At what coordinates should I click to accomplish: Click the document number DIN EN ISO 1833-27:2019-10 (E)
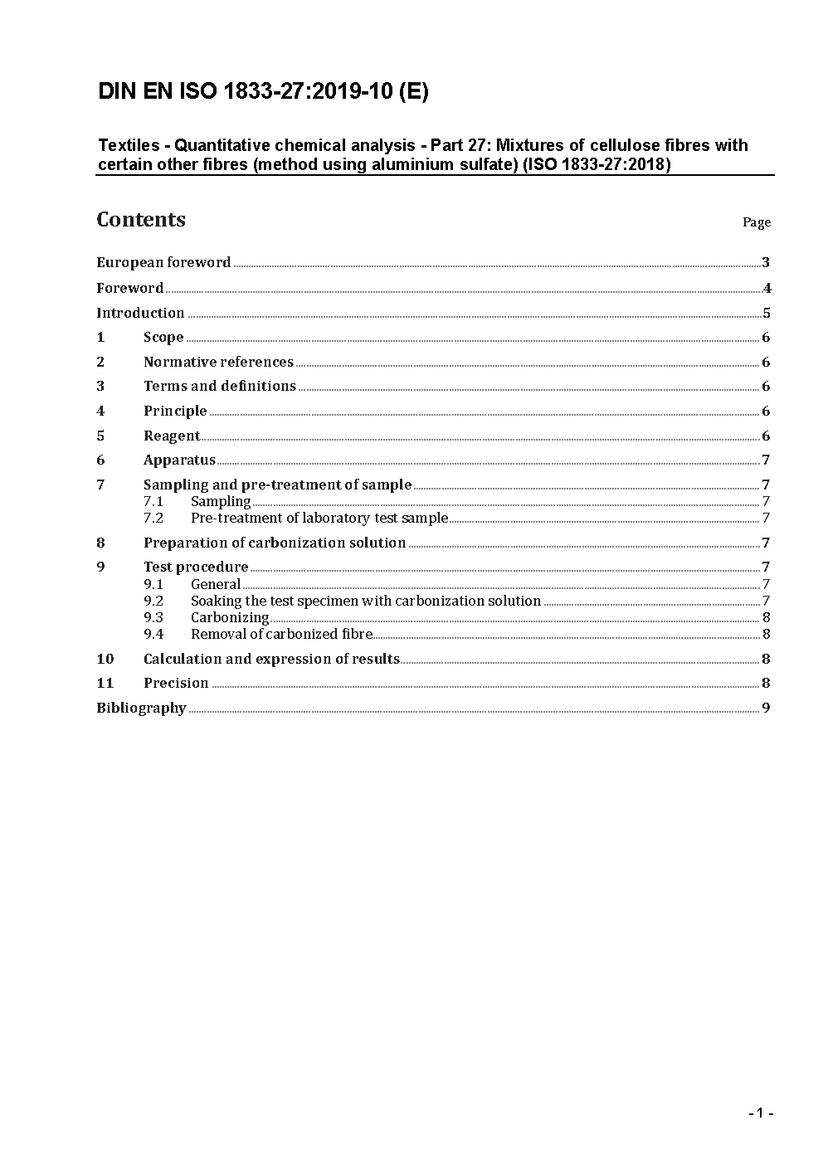(x=263, y=92)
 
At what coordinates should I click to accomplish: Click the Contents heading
(x=141, y=220)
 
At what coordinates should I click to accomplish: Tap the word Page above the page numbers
(x=756, y=222)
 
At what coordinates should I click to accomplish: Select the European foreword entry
(x=163, y=263)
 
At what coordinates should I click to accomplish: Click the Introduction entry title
(x=140, y=314)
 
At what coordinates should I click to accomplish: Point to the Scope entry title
(x=163, y=338)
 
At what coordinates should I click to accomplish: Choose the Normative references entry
(x=218, y=363)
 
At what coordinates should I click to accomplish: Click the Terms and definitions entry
(x=219, y=387)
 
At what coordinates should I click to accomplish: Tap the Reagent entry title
(x=172, y=436)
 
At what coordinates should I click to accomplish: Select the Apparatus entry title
(x=179, y=460)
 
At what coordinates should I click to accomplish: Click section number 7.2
(x=153, y=519)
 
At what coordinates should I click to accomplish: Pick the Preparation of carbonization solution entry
(x=275, y=543)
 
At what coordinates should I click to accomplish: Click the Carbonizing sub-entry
(x=230, y=618)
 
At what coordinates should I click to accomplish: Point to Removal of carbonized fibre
(x=281, y=635)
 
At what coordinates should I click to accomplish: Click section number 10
(x=105, y=660)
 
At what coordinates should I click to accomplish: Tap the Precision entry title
(x=176, y=684)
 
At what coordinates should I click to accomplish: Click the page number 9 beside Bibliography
(x=766, y=709)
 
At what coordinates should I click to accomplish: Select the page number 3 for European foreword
(x=766, y=263)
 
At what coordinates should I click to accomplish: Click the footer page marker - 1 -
(x=760, y=1113)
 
